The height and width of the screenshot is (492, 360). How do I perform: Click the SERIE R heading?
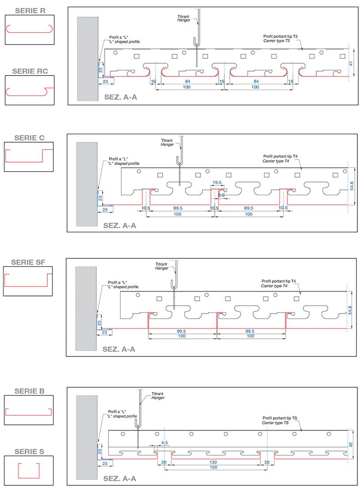(x=30, y=11)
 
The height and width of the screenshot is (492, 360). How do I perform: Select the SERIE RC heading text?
(x=30, y=71)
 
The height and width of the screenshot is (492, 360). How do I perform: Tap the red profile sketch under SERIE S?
(x=29, y=470)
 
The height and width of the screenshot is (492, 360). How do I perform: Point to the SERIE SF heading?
(x=28, y=262)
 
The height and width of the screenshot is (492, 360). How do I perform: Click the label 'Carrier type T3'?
(x=276, y=41)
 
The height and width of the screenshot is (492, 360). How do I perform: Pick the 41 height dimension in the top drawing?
(x=351, y=64)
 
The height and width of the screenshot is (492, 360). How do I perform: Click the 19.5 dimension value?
(x=217, y=182)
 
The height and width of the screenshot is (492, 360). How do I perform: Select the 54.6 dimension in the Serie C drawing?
(x=352, y=186)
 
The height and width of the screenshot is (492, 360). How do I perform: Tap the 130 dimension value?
(x=213, y=462)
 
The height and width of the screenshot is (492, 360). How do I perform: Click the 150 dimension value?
(x=213, y=467)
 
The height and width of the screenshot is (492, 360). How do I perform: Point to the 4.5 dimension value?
(x=164, y=443)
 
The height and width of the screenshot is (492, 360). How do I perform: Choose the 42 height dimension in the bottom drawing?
(x=351, y=445)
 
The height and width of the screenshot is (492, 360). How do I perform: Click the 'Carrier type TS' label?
(x=275, y=423)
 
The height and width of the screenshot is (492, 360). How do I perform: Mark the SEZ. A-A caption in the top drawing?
(x=121, y=97)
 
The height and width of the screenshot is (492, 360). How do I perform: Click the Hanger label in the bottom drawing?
(x=158, y=398)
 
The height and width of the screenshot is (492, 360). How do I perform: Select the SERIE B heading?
(x=30, y=391)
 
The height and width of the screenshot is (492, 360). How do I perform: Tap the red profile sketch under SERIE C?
(x=29, y=155)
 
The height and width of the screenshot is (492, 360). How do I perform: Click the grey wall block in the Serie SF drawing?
(x=86, y=308)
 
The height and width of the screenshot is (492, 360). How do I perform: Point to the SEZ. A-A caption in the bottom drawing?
(x=120, y=479)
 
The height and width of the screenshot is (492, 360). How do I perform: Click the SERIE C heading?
(x=30, y=138)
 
